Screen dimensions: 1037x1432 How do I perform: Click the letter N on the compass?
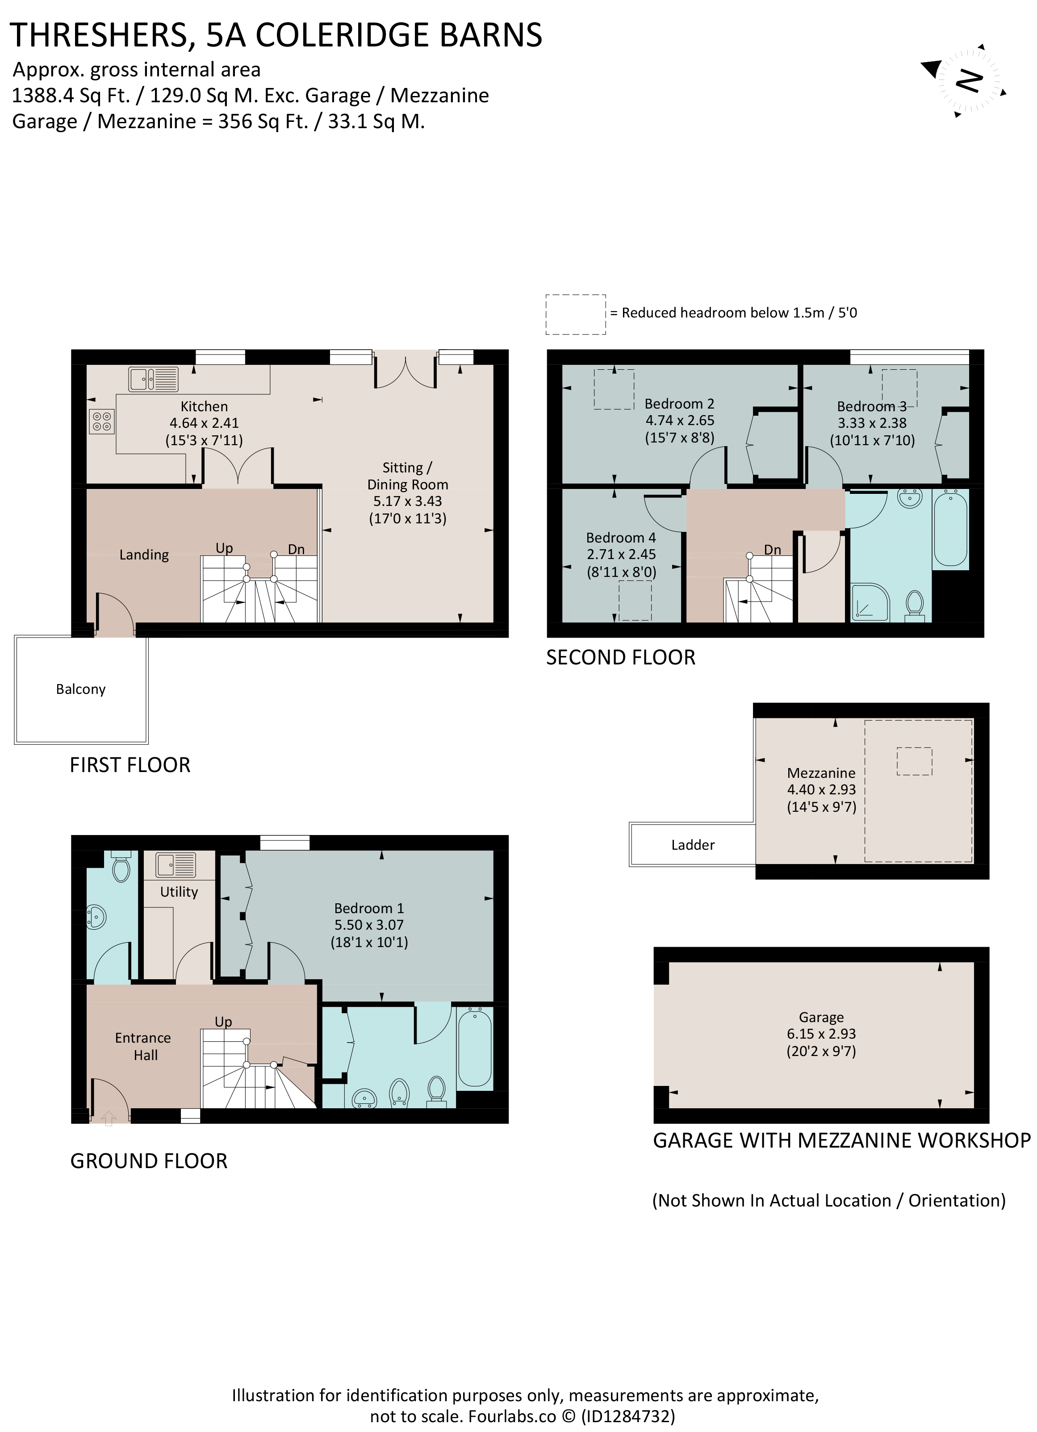click(x=969, y=81)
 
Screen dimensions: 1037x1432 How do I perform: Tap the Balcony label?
click(x=81, y=689)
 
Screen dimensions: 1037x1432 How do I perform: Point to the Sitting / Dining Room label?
click(x=407, y=476)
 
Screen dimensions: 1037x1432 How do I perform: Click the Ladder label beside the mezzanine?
click(x=693, y=845)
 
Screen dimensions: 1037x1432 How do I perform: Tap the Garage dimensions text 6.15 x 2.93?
click(x=821, y=1034)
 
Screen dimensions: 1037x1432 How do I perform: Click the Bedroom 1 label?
click(x=369, y=908)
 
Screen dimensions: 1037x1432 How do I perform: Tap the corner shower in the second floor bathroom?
click(x=870, y=602)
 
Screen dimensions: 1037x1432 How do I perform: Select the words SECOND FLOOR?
click(x=620, y=657)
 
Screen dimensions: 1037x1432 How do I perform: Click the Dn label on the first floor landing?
click(x=296, y=549)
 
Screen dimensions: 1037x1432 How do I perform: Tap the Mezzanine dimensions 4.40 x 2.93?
click(x=821, y=789)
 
